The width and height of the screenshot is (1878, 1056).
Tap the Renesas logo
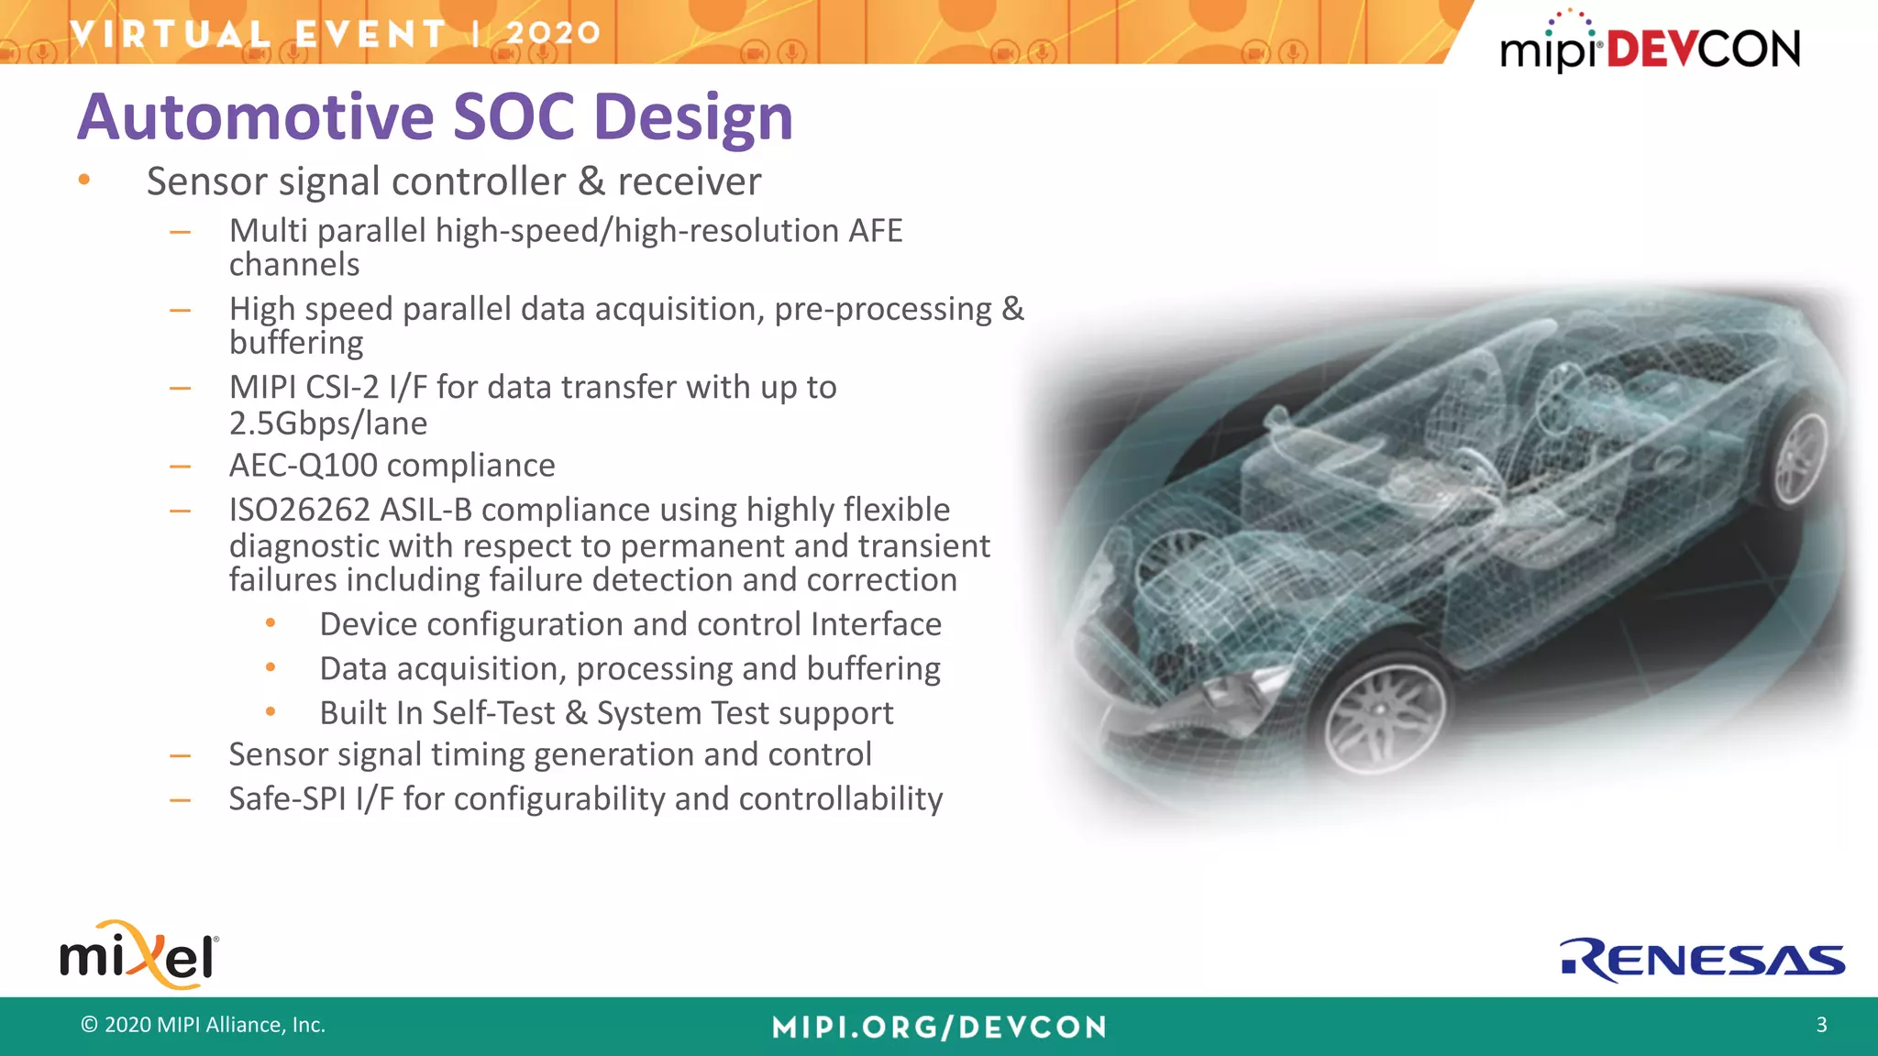tap(1702, 960)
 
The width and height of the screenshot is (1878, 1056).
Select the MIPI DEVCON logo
tap(1650, 46)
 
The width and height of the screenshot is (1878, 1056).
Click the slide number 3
tap(1821, 1025)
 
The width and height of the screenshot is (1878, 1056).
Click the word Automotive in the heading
tap(256, 117)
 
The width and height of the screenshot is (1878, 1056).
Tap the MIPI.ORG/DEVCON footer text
tap(939, 1027)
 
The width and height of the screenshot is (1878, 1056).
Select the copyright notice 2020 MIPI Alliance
tap(204, 1025)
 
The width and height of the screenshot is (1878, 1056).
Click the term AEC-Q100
tap(303, 466)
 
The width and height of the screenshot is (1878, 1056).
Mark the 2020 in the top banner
tap(553, 33)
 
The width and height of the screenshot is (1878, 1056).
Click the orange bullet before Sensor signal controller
tap(84, 181)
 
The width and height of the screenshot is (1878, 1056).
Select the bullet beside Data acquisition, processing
tap(271, 668)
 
